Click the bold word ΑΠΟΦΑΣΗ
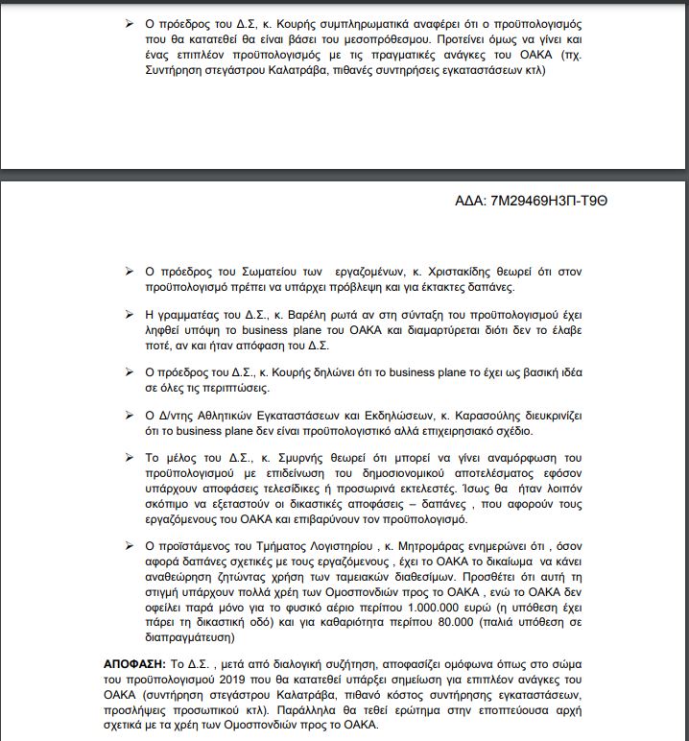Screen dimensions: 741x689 point(133,663)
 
